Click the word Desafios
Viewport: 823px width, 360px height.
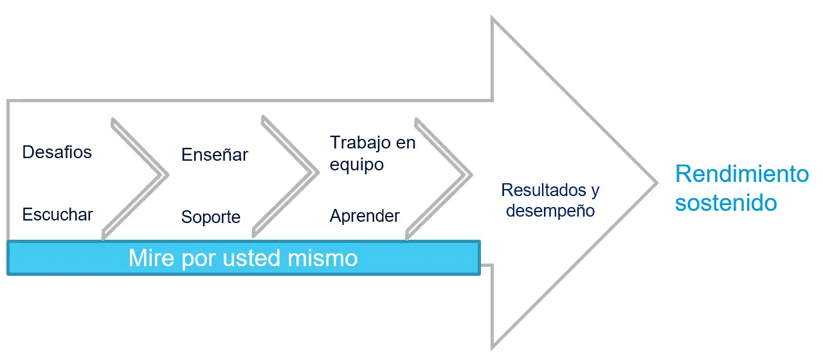[57, 152]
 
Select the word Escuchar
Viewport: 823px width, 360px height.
[58, 215]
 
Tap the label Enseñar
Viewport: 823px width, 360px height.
[215, 154]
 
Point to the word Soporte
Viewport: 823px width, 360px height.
[211, 217]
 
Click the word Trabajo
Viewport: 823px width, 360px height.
[361, 143]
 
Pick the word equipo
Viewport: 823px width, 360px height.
[357, 165]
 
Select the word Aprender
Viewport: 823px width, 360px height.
[365, 215]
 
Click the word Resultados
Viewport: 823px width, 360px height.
[544, 190]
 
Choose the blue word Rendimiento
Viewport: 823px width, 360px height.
[742, 174]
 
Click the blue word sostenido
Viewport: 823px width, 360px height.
[726, 203]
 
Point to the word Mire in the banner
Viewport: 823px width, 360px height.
[151, 258]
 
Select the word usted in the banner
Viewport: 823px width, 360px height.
[251, 258]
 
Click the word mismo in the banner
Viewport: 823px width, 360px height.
[323, 258]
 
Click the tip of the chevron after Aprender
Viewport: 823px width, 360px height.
[473, 175]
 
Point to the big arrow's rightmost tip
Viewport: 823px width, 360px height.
[658, 182]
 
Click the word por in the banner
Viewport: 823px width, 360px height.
[199, 260]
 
